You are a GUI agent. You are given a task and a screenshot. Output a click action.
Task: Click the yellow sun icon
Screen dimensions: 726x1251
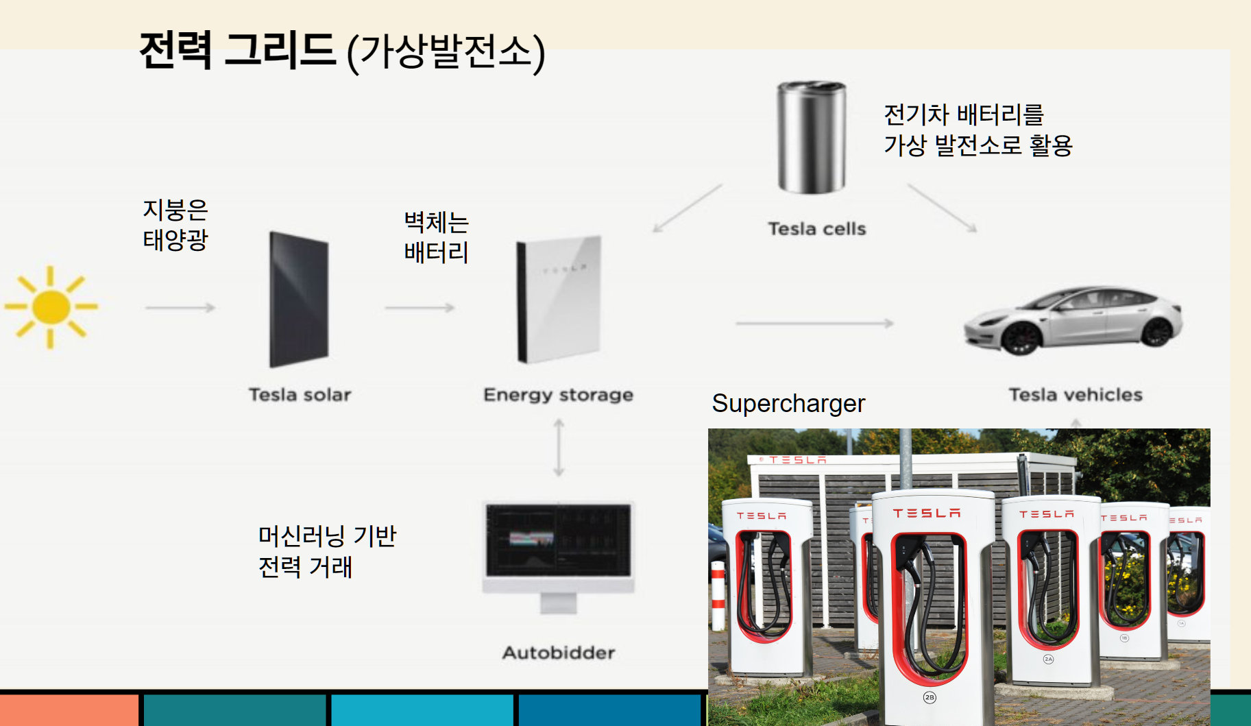click(x=51, y=307)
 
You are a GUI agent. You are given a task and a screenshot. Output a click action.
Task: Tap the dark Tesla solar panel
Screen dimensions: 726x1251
click(x=299, y=299)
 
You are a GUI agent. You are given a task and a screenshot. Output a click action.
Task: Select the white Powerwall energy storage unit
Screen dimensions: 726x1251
click(x=559, y=299)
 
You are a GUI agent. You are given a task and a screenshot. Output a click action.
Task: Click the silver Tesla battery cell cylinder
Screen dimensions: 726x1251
click(x=811, y=136)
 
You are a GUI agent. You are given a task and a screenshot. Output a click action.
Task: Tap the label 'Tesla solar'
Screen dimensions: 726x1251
click(x=300, y=395)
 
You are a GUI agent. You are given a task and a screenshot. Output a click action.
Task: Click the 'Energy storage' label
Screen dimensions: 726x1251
click(x=558, y=395)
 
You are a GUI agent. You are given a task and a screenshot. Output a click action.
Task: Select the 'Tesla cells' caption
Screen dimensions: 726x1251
click(x=816, y=229)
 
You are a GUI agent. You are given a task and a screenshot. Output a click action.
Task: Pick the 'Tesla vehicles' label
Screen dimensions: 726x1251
click(x=1076, y=395)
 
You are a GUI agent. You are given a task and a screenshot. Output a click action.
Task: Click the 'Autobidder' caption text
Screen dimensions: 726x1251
click(x=559, y=653)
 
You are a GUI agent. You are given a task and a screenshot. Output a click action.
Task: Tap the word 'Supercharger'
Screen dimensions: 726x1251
click(x=788, y=404)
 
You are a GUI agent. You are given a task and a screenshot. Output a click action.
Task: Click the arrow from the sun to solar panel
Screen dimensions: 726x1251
click(x=180, y=308)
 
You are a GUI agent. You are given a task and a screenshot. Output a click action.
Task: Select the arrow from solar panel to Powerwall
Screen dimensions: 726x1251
click(x=420, y=308)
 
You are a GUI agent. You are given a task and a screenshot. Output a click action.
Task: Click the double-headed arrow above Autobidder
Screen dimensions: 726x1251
click(x=559, y=448)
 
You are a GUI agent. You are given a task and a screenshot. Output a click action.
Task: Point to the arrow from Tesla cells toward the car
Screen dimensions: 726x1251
click(x=942, y=208)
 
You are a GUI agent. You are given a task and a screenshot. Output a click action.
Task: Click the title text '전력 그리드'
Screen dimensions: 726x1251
click(x=237, y=51)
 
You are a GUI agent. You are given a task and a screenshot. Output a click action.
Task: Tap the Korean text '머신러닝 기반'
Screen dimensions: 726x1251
click(x=327, y=536)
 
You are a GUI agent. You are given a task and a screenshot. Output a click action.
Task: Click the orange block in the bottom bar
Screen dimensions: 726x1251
click(x=69, y=710)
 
